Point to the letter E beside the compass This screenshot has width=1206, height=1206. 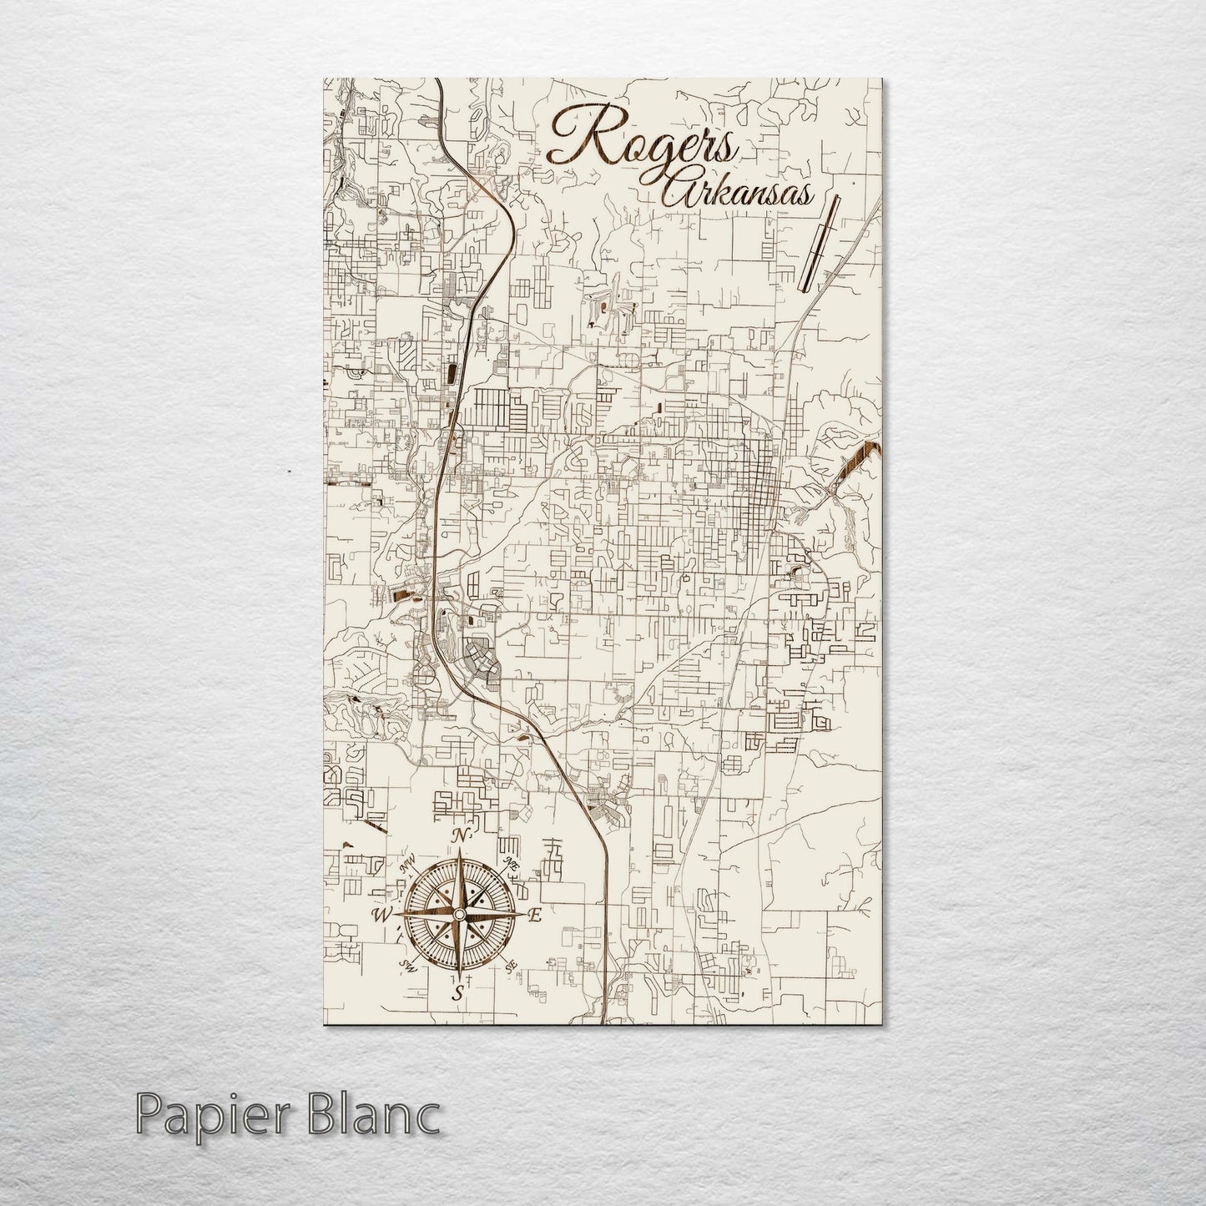click(x=535, y=916)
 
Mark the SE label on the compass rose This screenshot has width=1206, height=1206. click(x=510, y=966)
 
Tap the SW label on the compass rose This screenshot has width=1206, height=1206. click(x=408, y=966)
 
